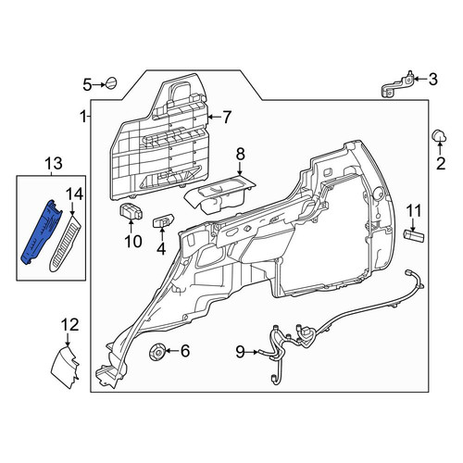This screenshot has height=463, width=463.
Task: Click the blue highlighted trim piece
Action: tap(41, 232)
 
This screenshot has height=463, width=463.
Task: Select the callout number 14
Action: tap(75, 194)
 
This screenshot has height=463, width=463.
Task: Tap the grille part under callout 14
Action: tap(64, 244)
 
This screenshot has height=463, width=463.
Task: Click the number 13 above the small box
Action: tap(54, 163)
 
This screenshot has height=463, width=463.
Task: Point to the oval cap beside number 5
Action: tap(111, 83)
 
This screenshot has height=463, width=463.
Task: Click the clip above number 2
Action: tap(439, 136)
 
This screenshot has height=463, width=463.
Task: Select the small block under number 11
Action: tap(414, 235)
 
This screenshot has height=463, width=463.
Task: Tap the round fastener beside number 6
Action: tap(157, 352)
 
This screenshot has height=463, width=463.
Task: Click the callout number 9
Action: tap(241, 351)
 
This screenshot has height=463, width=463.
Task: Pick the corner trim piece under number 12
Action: tap(66, 367)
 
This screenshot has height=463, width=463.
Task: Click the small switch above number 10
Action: tap(131, 211)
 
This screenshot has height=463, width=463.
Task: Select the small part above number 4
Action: tap(164, 221)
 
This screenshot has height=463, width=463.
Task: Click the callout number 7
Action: tap(227, 118)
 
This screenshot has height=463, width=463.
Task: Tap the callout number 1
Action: tap(82, 118)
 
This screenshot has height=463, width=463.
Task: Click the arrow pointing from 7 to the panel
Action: tap(214, 117)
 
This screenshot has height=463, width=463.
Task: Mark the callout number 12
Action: tap(69, 325)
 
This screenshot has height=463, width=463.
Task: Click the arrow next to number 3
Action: tap(419, 79)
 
